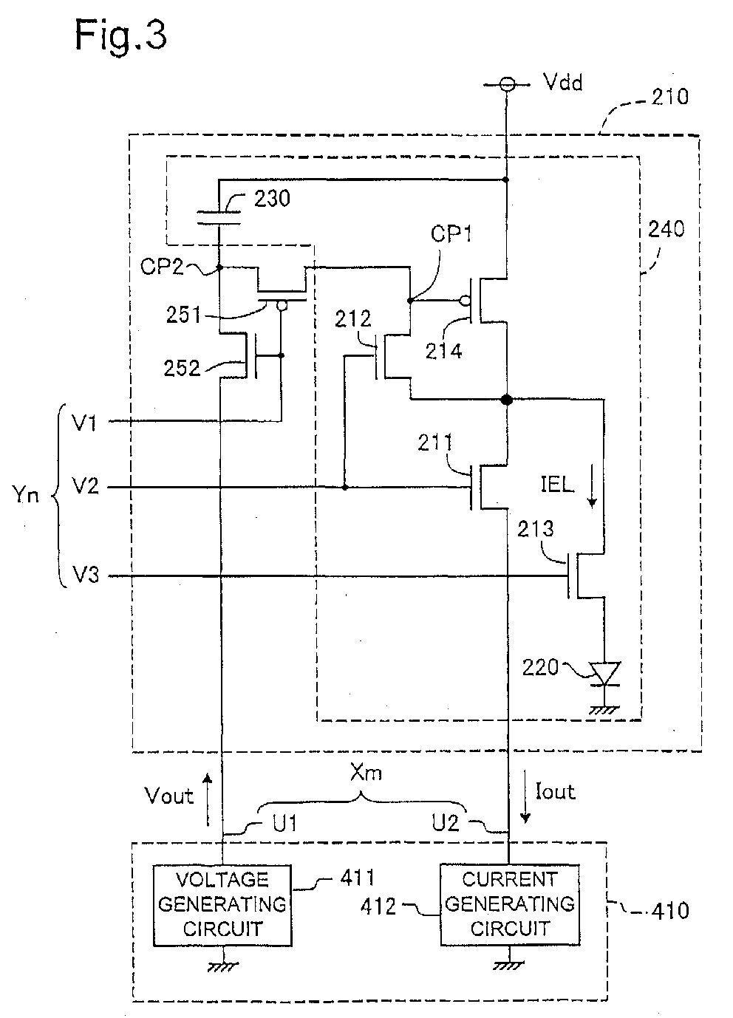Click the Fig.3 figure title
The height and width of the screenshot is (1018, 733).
click(120, 36)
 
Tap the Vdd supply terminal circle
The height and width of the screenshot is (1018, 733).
click(506, 84)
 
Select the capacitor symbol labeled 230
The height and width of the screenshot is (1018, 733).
click(219, 217)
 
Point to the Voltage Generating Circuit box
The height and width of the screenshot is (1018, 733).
click(222, 905)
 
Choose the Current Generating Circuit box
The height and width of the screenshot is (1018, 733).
click(510, 904)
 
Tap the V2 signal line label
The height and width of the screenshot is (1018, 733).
click(85, 487)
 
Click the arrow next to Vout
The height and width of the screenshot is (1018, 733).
click(208, 799)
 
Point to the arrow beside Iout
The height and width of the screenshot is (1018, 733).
click(525, 796)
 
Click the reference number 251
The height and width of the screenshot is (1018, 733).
click(183, 315)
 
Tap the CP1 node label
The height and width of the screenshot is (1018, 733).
click(451, 233)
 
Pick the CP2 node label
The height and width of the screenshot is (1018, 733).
click(161, 266)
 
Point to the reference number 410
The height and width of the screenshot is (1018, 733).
click(670, 911)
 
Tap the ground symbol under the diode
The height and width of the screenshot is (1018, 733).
click(604, 711)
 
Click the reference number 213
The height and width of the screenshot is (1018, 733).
click(535, 528)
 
